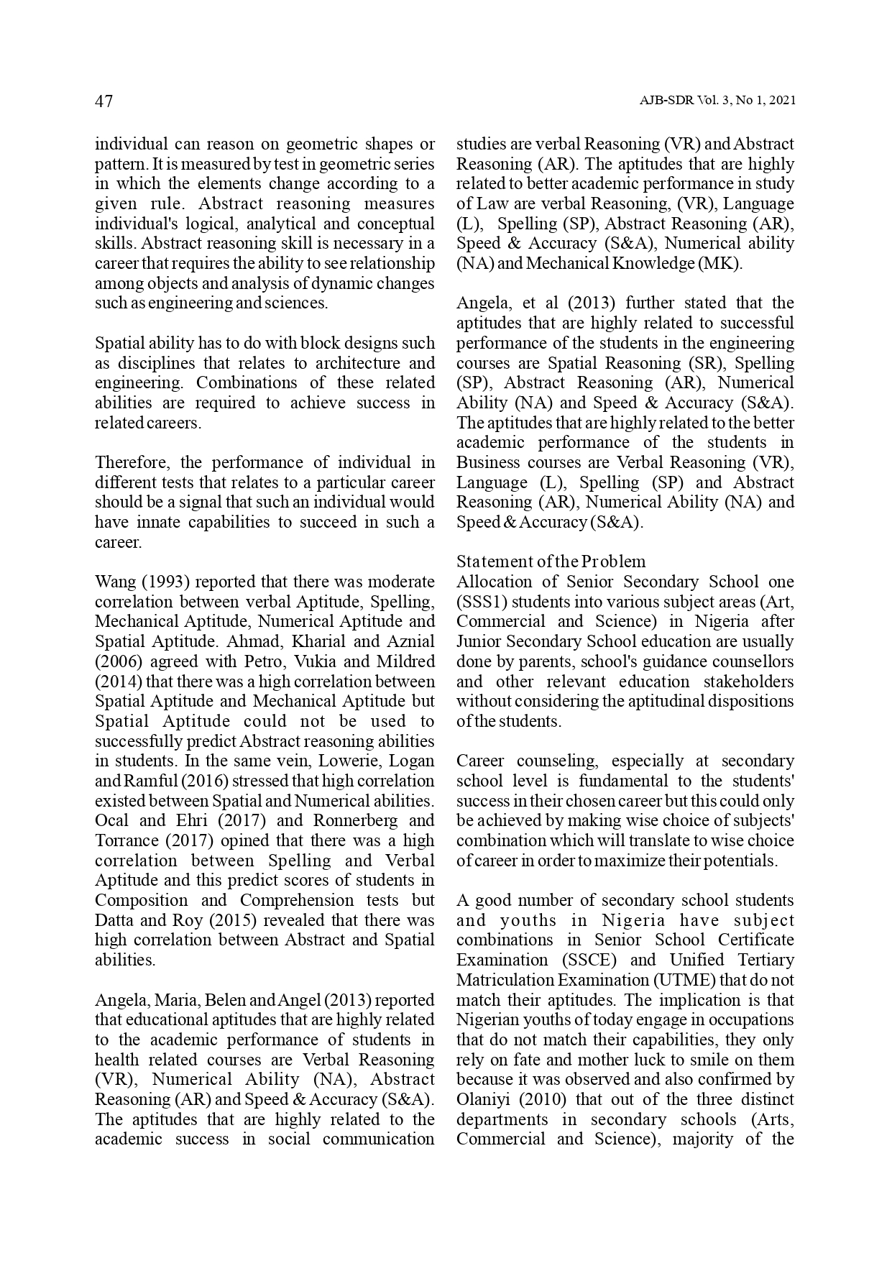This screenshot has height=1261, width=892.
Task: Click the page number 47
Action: [104, 101]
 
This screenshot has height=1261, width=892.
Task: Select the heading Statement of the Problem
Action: [551, 561]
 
